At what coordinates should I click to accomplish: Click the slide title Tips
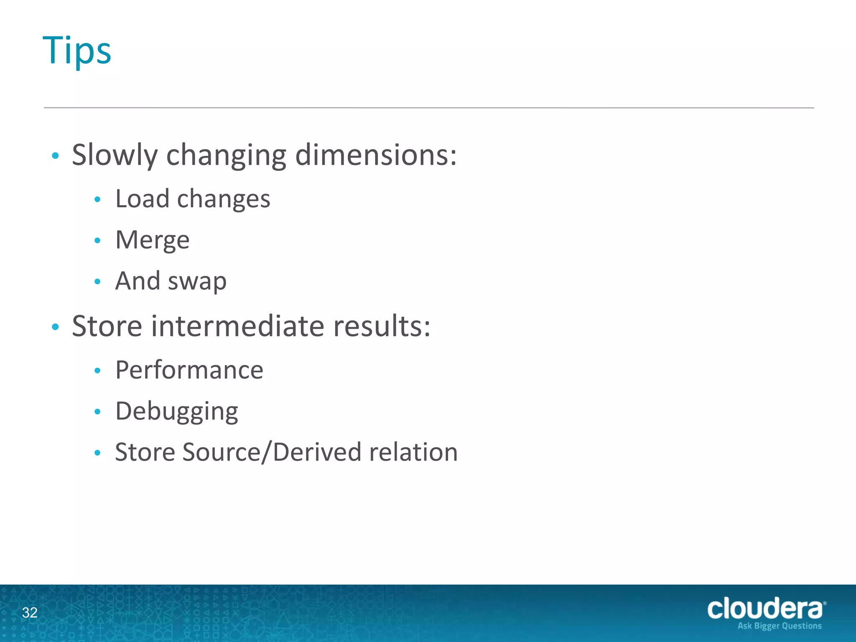click(x=77, y=51)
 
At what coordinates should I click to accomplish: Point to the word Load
click(x=142, y=199)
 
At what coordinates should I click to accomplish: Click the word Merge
click(x=153, y=240)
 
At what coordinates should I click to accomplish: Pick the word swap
click(x=197, y=281)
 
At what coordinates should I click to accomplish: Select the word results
click(x=382, y=326)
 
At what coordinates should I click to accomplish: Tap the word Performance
click(x=189, y=370)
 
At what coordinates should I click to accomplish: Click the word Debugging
click(x=177, y=412)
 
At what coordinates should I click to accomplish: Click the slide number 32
click(x=30, y=612)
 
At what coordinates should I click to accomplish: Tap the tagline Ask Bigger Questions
click(x=780, y=626)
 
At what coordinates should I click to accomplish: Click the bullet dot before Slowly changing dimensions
click(x=55, y=156)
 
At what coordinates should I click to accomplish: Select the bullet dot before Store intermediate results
click(x=55, y=327)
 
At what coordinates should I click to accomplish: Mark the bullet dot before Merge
click(x=97, y=240)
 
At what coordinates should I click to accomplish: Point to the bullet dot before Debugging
click(x=97, y=412)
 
